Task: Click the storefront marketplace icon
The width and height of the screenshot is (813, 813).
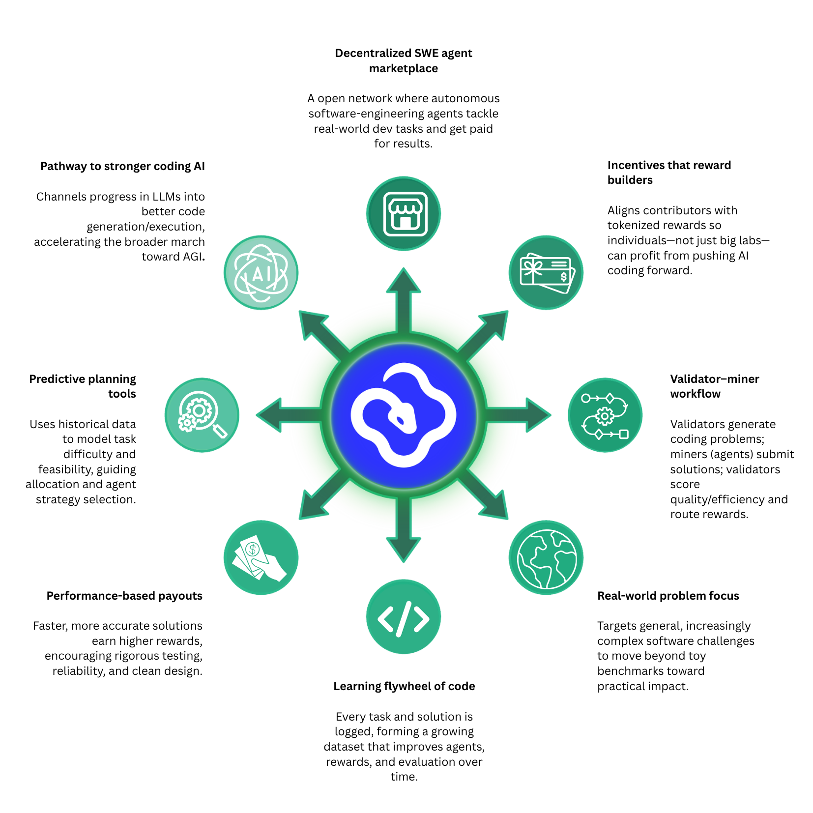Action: pos(404,214)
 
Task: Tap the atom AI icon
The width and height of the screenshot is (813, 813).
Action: pos(261,273)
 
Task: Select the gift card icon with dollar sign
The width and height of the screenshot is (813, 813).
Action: pos(546,273)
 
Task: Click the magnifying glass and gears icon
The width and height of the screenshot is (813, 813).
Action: pos(202,415)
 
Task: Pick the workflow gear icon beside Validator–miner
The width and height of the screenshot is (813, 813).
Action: pos(605,415)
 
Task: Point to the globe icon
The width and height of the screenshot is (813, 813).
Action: pos(546,558)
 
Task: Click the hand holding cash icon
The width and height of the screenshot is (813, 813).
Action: pos(261,558)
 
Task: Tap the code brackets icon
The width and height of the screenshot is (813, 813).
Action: pos(404,617)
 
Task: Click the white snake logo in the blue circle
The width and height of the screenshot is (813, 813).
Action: pos(404,415)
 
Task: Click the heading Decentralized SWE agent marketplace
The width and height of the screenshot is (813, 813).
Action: pos(404,60)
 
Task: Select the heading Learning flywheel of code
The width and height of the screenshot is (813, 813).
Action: pos(404,686)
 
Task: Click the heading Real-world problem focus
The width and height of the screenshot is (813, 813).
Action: pos(668,596)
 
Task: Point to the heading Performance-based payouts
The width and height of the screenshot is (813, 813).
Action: pos(124,596)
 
